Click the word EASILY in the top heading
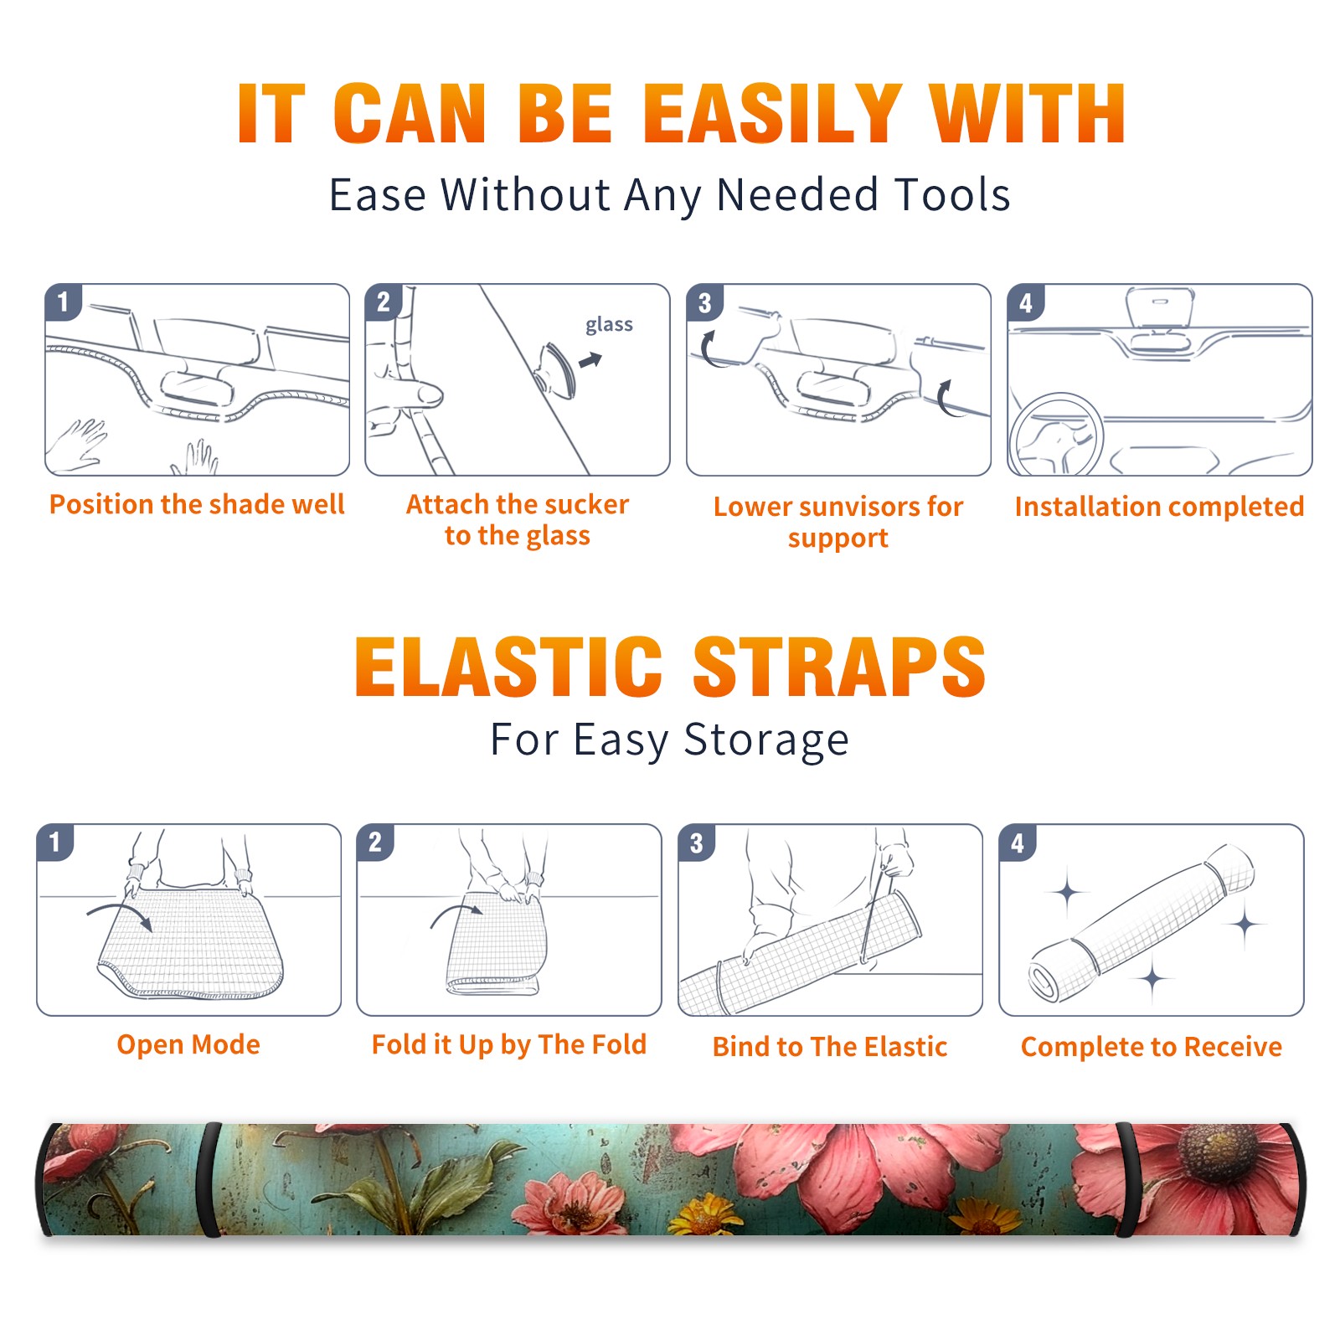pos(772,114)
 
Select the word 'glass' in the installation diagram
pos(609,324)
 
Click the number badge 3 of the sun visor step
pos(704,302)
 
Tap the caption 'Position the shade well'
pos(197,504)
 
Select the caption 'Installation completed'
pos(1159,506)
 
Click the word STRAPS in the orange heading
pos(839,667)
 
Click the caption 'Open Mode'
pos(188,1044)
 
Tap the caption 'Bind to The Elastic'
pos(829,1047)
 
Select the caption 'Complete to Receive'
pos(1152,1047)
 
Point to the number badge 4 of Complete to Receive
pos(1017,843)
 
